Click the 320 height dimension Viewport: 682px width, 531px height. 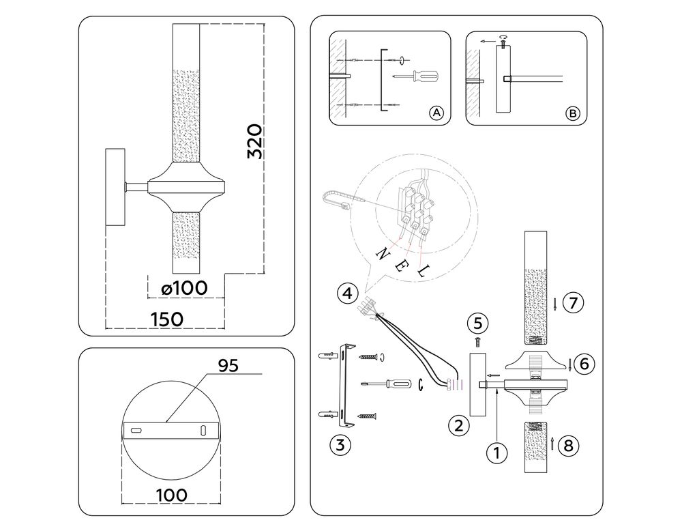(254, 141)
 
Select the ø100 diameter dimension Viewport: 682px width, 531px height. (184, 288)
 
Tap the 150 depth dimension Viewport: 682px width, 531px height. (166, 319)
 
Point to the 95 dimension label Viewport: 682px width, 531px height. (228, 366)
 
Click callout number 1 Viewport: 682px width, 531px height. (497, 451)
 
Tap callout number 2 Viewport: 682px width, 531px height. (459, 427)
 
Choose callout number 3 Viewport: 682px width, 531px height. (340, 446)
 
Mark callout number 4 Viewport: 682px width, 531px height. (347, 294)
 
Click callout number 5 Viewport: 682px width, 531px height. (478, 321)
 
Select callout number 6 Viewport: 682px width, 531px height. (580, 364)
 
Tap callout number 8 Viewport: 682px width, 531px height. (569, 446)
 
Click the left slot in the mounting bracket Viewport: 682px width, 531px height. (136, 431)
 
